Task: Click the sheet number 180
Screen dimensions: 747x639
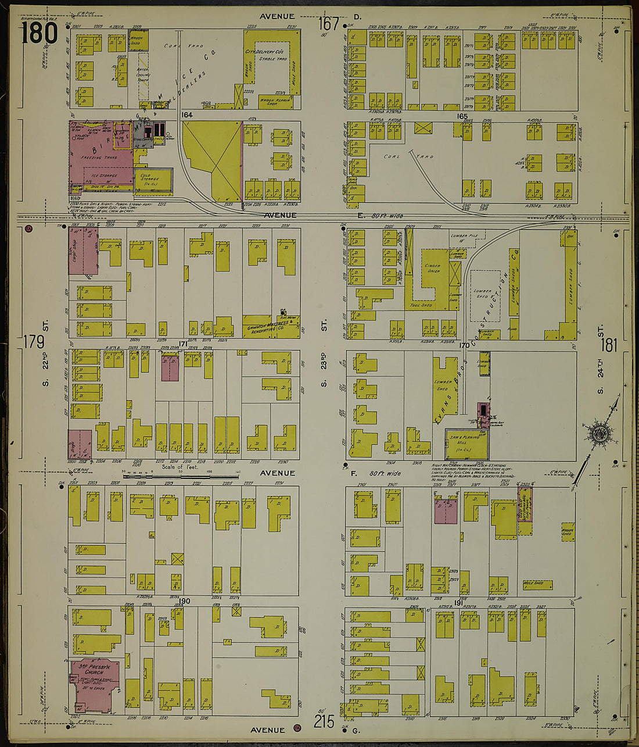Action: coord(40,33)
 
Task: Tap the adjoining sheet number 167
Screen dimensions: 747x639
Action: coord(329,24)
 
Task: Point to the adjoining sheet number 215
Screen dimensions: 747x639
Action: coord(324,721)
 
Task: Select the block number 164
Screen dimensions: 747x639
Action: coord(186,116)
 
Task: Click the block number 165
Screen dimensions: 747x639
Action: coord(462,116)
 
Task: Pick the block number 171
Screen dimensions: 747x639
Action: coord(183,344)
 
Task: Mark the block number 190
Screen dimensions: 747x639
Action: coord(185,601)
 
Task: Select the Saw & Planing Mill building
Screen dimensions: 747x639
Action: coord(465,445)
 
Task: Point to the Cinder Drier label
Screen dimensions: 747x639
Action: coord(432,268)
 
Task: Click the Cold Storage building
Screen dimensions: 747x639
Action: coord(155,181)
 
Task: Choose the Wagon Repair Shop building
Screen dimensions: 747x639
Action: coord(274,102)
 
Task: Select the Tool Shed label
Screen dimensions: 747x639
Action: coord(422,305)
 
